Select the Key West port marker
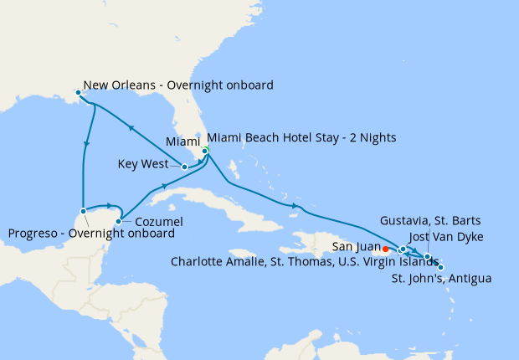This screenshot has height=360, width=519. [x=184, y=167]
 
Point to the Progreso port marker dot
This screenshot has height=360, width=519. [x=83, y=211]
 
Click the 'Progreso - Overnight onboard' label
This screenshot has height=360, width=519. [x=91, y=233]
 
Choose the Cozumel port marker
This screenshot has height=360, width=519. [x=118, y=221]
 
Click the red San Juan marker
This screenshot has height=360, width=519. [x=385, y=249]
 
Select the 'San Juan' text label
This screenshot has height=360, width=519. [x=355, y=247]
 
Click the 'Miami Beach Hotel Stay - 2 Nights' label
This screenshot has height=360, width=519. [x=301, y=137]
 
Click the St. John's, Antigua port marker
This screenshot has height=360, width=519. [x=441, y=267]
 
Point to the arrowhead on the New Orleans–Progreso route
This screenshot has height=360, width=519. [x=86, y=147]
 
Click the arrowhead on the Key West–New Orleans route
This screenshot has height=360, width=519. [x=130, y=128]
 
